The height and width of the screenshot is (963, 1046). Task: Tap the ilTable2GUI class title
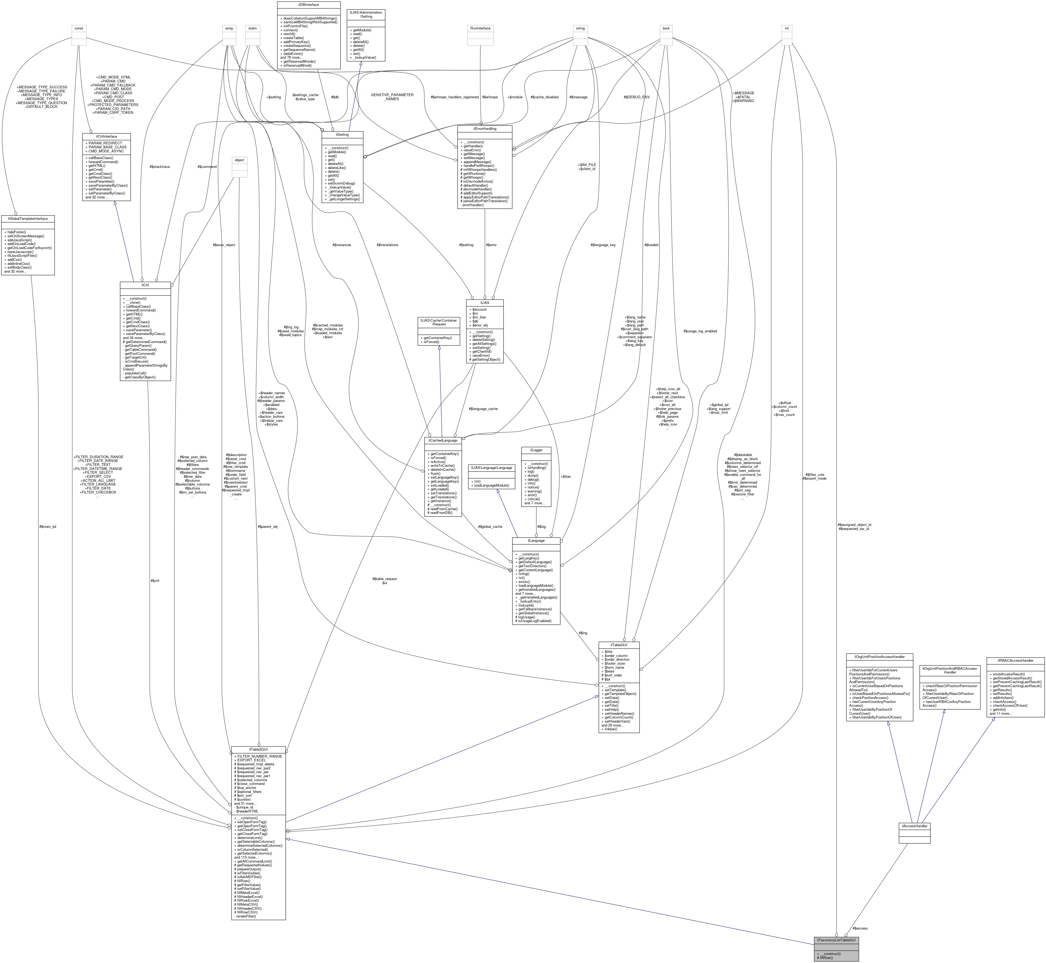(258, 749)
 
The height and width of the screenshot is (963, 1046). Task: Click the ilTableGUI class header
(619, 645)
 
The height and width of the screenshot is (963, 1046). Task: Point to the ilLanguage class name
(536, 540)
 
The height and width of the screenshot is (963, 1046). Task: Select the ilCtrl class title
(145, 285)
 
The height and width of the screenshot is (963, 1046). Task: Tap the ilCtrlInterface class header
(106, 136)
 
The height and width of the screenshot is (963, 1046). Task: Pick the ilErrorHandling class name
(485, 128)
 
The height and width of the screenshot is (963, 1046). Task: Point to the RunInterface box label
(480, 28)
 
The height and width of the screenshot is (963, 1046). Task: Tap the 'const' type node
(79, 28)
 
